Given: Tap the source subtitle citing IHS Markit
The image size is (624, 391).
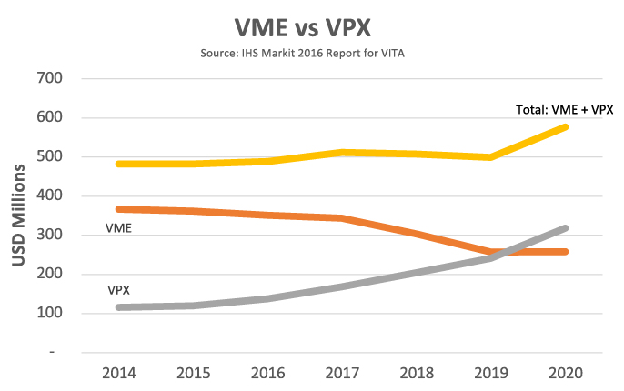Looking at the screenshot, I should pos(311,54).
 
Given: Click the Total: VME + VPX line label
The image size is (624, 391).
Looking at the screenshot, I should pos(564,109).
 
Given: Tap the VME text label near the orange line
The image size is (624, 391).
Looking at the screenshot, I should pos(120,228).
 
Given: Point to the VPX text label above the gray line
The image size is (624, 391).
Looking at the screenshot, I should pos(119,291).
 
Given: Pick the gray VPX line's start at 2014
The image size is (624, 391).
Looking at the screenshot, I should pos(120,307).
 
